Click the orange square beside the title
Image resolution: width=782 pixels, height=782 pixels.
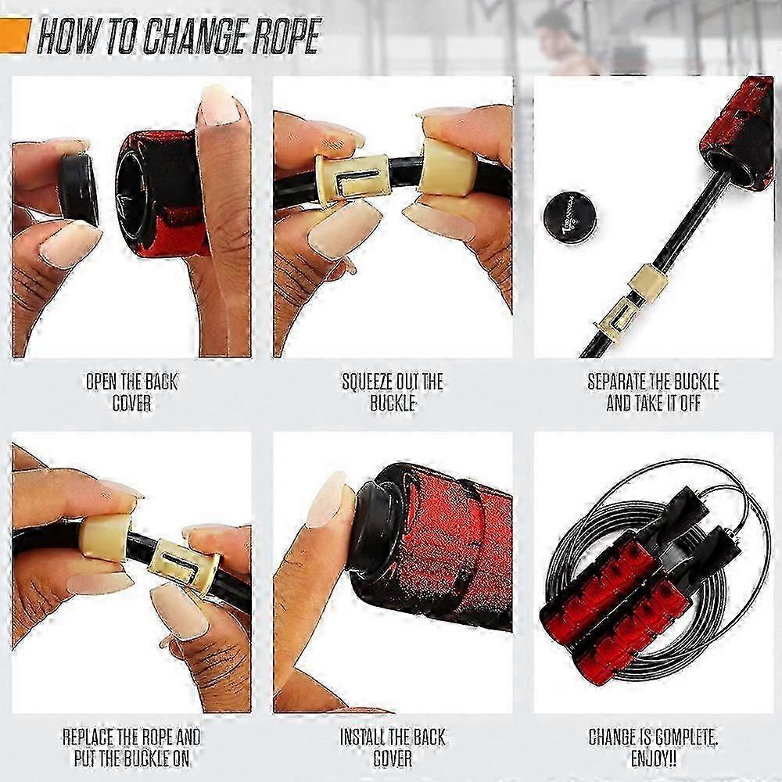[15, 35]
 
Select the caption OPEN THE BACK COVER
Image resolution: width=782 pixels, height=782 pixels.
[131, 393]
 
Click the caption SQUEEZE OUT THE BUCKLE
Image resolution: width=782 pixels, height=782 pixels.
[393, 393]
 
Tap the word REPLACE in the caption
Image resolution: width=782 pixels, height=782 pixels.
[87, 737]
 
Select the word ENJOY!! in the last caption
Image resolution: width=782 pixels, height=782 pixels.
[654, 759]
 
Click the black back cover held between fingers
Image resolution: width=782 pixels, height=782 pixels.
[80, 188]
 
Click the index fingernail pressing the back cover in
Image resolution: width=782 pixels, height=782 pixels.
[325, 500]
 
